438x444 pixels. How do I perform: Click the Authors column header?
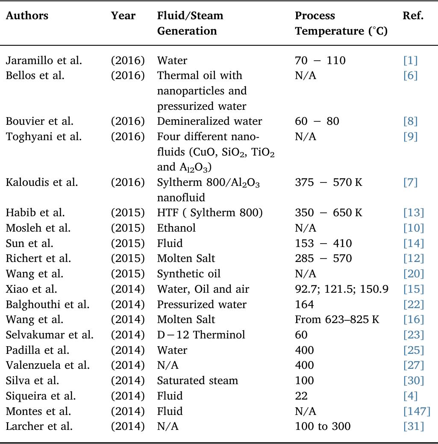[x=27, y=16]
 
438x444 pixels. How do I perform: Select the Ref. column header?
[x=413, y=16]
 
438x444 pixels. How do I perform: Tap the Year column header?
[x=123, y=16]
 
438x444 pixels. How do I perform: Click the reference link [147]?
[x=417, y=411]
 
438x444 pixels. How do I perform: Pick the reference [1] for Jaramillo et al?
[x=410, y=60]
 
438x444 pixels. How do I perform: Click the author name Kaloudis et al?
[x=42, y=182]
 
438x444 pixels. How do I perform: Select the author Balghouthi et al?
[x=47, y=304]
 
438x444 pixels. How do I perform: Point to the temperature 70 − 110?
[x=320, y=60]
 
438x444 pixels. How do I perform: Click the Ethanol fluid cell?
[x=176, y=228]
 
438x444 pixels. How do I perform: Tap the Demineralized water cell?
[x=209, y=121]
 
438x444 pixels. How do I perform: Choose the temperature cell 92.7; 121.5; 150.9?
[x=341, y=289]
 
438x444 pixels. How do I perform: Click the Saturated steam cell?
[x=197, y=380]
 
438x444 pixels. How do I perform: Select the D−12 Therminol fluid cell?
[x=201, y=335]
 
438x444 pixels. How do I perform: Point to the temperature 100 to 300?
[x=323, y=426]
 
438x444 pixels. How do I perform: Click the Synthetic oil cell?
[x=189, y=274]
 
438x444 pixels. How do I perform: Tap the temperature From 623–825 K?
[x=337, y=320]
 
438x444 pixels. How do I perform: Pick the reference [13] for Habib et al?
[x=414, y=213]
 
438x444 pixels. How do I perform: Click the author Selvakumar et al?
[x=50, y=335]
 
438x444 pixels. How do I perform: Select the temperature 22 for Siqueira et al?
[x=301, y=396]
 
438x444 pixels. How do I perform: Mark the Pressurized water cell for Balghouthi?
[x=202, y=304]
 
